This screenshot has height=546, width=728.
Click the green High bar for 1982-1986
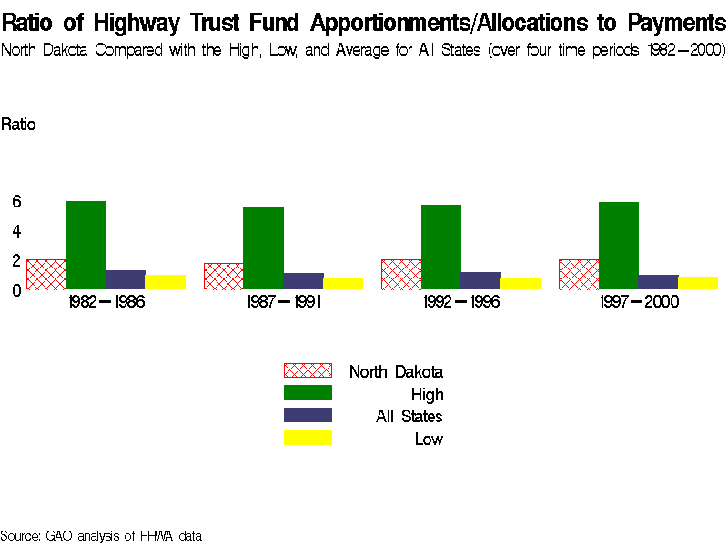pos(86,245)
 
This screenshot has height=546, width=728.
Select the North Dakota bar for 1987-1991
pos(223,276)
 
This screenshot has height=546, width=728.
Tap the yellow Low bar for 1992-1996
pos(521,283)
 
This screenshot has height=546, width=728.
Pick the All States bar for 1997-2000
pos(658,281)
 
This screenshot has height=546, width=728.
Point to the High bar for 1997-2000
pos(619,246)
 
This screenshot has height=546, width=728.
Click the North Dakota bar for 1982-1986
pos(46,274)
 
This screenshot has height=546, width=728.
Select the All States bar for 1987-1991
pos(303,280)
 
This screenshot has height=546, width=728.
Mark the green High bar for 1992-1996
pos(441,247)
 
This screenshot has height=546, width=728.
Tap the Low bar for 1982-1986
pos(166,281)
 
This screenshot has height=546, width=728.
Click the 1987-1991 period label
pos(283,302)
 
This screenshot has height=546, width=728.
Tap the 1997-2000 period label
pos(639,302)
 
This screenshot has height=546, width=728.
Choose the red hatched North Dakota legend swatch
pos(308,370)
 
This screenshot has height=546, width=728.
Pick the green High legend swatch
pos(308,393)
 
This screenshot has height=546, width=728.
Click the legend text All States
pos(409,417)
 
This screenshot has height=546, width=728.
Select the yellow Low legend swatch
pos(308,438)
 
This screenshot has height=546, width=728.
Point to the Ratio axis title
pos(18,125)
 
